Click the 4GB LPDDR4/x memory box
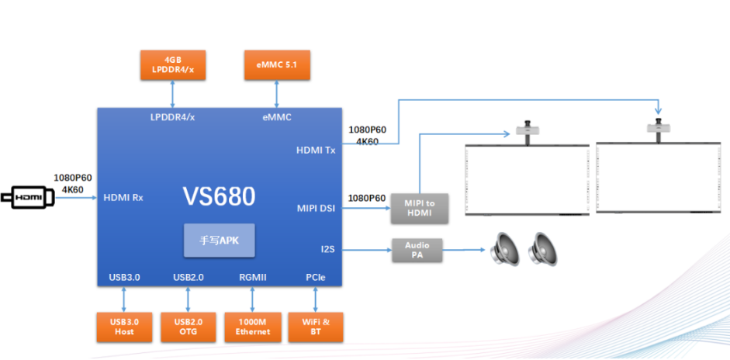[x=172, y=64]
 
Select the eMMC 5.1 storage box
[x=277, y=64]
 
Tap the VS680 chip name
[x=219, y=197]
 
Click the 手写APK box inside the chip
[x=219, y=241]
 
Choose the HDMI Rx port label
[x=123, y=198]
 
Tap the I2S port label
[x=327, y=250]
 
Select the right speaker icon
[x=543, y=250]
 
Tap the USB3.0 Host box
[x=123, y=327]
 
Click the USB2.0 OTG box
[x=188, y=327]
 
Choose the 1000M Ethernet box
[x=252, y=327]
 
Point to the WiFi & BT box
[x=315, y=327]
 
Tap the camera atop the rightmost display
[x=659, y=127]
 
